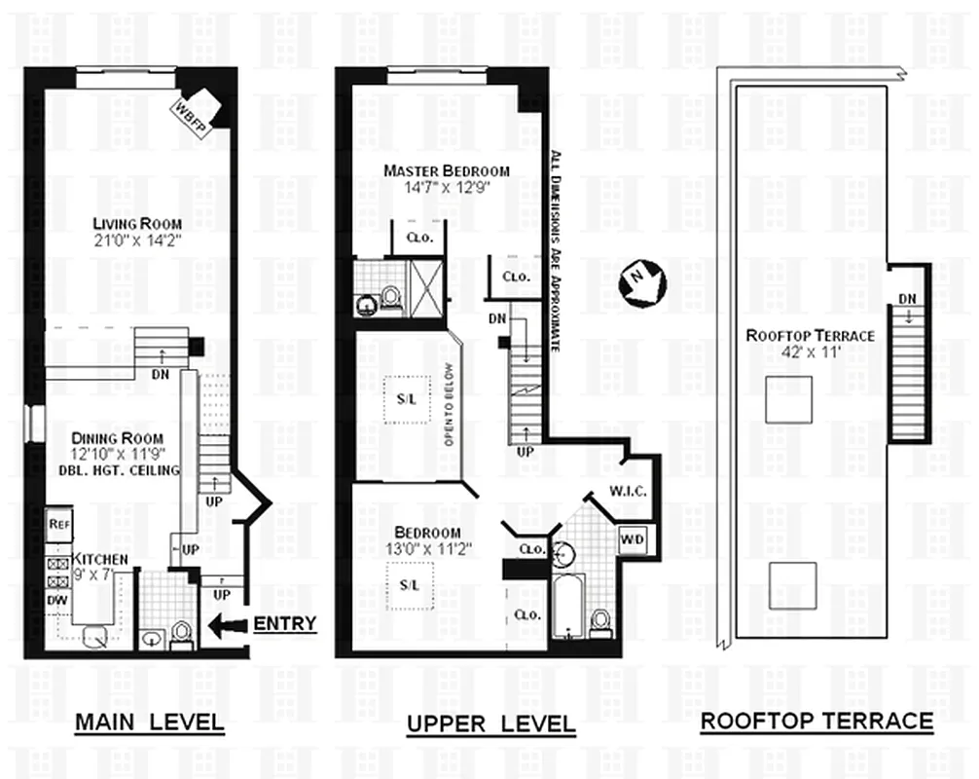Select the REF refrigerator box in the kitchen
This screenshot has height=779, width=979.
(x=59, y=523)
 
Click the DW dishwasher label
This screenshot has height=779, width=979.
(x=57, y=601)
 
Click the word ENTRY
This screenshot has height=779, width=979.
(x=284, y=623)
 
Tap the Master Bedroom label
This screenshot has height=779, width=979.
(x=446, y=171)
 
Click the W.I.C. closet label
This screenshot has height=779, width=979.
(x=629, y=492)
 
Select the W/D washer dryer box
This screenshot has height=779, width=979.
(x=633, y=538)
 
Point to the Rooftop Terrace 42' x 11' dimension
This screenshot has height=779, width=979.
(x=810, y=353)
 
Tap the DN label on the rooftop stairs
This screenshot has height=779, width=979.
(x=907, y=299)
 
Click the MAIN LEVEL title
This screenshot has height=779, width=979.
(x=150, y=723)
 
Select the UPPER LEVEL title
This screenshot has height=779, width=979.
(x=490, y=724)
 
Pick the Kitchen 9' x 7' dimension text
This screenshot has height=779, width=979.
(x=101, y=575)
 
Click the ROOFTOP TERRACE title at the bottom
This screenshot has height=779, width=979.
(x=816, y=722)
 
